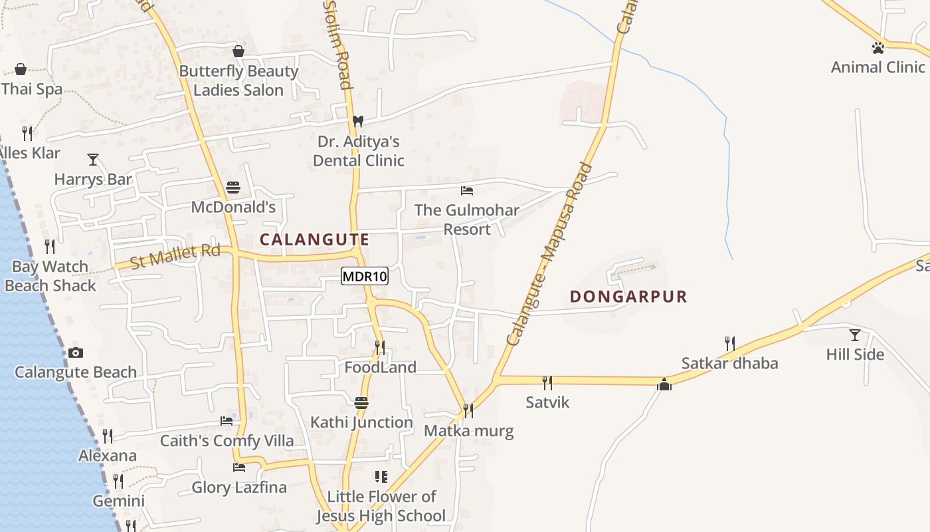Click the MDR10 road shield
pyautogui.click(x=365, y=276)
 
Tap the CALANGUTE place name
pyautogui.click(x=314, y=239)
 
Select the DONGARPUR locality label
pyautogui.click(x=628, y=297)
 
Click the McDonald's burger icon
pyautogui.click(x=232, y=188)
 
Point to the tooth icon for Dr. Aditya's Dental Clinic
pyautogui.click(x=358, y=121)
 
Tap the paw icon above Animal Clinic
pyautogui.click(x=878, y=48)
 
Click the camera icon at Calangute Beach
pyautogui.click(x=76, y=352)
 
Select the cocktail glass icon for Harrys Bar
pyautogui.click(x=93, y=160)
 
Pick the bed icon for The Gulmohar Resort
pyautogui.click(x=467, y=191)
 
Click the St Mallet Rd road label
pyautogui.click(x=175, y=257)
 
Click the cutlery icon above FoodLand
pyautogui.click(x=379, y=347)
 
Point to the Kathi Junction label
pyautogui.click(x=361, y=422)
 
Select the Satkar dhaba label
pyautogui.click(x=729, y=364)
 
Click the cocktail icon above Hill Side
pyautogui.click(x=855, y=335)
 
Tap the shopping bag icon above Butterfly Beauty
pyautogui.click(x=238, y=51)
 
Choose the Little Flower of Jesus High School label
pyautogui.click(x=381, y=506)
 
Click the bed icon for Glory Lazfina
pyautogui.click(x=239, y=467)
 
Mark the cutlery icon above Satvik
pyautogui.click(x=547, y=382)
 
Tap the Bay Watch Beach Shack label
pyautogui.click(x=50, y=276)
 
